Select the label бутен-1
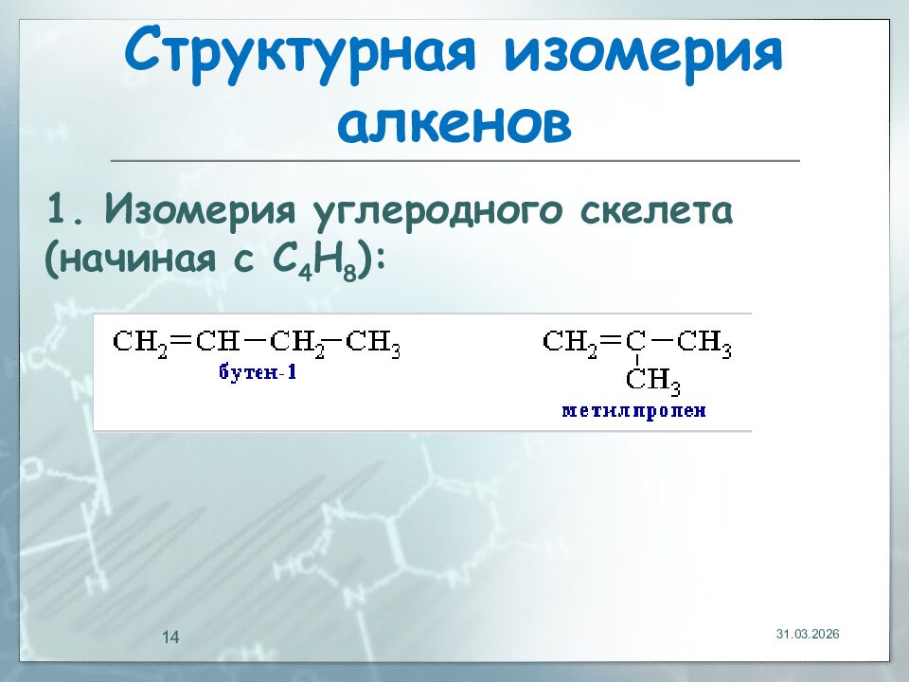coord(258,371)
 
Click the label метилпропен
coord(633,411)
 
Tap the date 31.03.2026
coord(808,633)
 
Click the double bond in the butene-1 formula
coord(181,340)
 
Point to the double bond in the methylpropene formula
coord(611,340)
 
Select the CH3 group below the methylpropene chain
coord(653,381)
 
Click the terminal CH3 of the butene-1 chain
coord(373,342)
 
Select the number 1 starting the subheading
coord(60,209)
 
